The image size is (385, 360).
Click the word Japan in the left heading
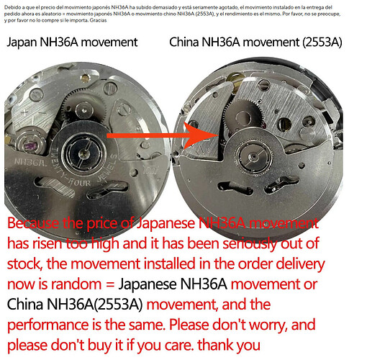pyautogui.click(x=22, y=42)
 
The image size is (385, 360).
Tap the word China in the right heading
pyautogui.click(x=184, y=42)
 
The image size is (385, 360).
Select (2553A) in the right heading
pyautogui.click(x=322, y=42)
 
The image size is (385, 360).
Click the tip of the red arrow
pyautogui.click(x=218, y=135)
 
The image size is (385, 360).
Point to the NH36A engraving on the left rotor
pyautogui.click(x=30, y=162)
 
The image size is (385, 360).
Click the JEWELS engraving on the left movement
pyautogui.click(x=107, y=169)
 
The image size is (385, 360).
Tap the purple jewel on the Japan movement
pyautogui.click(x=31, y=146)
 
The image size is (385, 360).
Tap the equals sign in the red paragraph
pyautogui.click(x=110, y=285)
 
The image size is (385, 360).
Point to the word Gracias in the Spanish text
pyautogui.click(x=98, y=20)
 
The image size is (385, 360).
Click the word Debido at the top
pyautogui.click(x=9, y=7)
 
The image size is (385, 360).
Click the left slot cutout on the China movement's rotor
pyautogui.click(x=235, y=188)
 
